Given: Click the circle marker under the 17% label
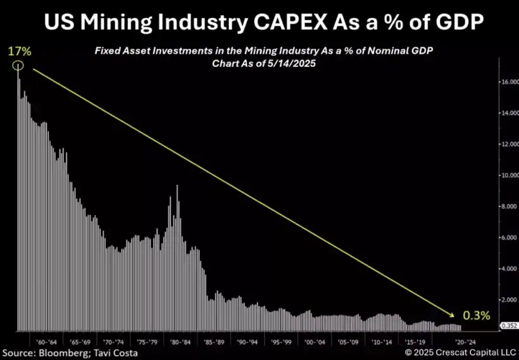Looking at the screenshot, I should [x=19, y=66].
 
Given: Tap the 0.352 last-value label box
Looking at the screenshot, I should [x=509, y=326].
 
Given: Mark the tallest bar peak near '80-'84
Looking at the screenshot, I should [x=177, y=186].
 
